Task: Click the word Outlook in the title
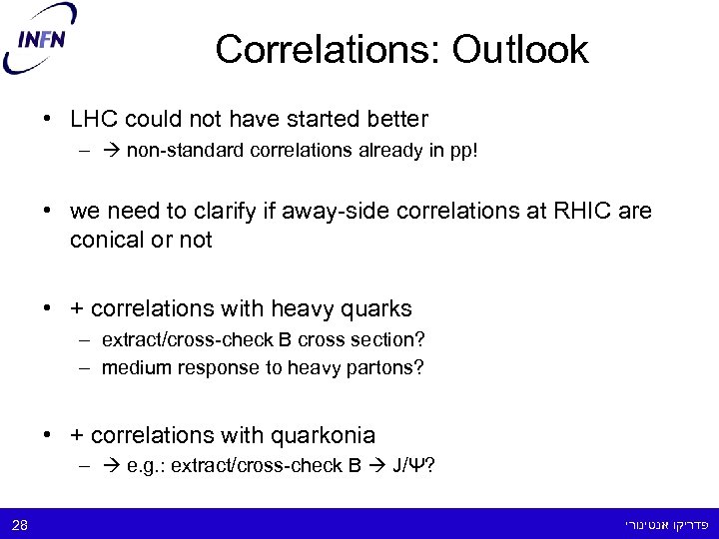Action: pos(520,49)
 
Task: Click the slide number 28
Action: pos(20,524)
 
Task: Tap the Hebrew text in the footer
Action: pos(666,524)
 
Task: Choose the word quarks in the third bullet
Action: pos(375,308)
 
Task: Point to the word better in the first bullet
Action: pos(395,120)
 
